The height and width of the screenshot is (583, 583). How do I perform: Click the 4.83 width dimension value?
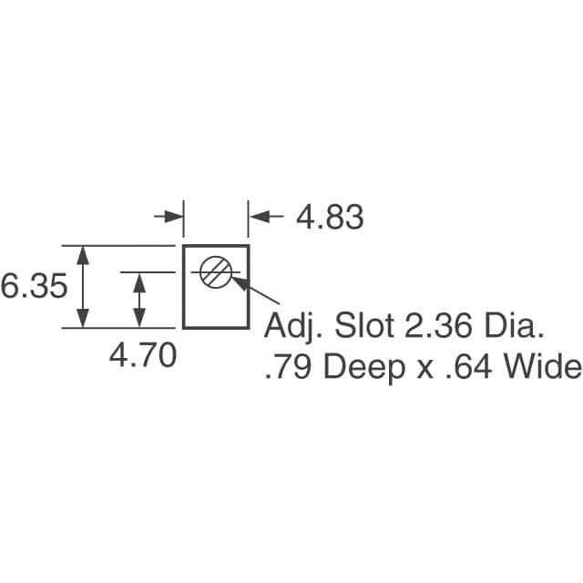pyautogui.click(x=330, y=217)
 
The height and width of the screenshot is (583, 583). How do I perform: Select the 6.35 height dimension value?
pyautogui.click(x=34, y=285)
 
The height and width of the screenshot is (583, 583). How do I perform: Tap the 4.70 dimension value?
pyautogui.click(x=143, y=355)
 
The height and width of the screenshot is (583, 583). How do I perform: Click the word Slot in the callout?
pyautogui.click(x=364, y=325)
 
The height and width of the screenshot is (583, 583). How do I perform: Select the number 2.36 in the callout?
pyautogui.click(x=438, y=325)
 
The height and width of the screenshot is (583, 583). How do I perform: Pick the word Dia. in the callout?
pyautogui.click(x=513, y=325)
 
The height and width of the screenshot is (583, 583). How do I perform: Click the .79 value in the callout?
pyautogui.click(x=288, y=367)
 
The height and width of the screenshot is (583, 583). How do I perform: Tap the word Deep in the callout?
pyautogui.click(x=364, y=369)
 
